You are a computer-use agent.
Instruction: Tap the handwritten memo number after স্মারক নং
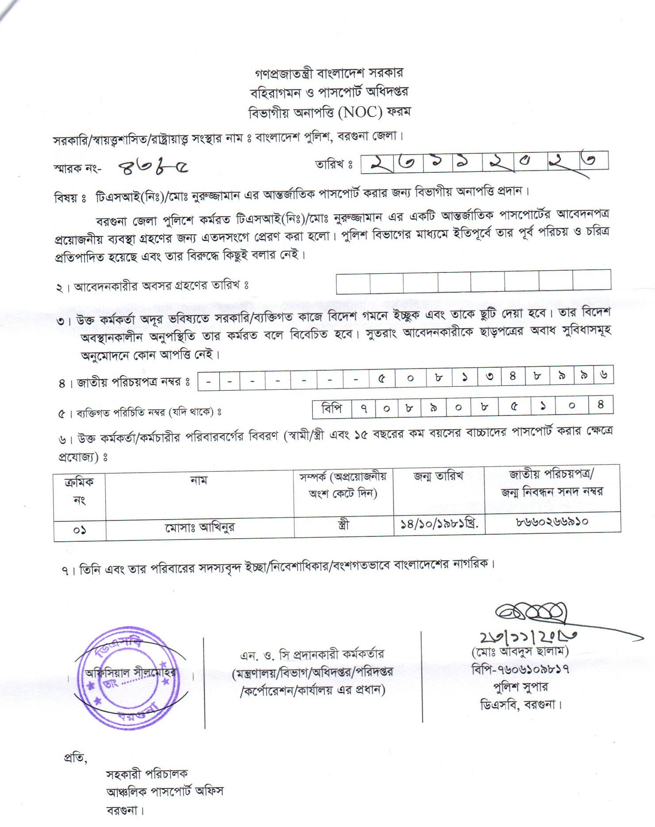[x=153, y=167]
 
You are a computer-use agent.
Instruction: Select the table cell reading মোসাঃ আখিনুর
[x=200, y=527]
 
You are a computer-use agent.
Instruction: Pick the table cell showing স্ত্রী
[x=343, y=525]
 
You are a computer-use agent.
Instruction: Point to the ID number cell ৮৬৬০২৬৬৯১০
[x=552, y=523]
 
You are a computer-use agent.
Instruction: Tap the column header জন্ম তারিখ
[x=438, y=477]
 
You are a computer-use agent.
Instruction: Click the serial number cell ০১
[x=80, y=529]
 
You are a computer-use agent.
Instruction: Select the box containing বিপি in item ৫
[x=332, y=408]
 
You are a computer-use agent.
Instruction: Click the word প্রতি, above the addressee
[x=77, y=758]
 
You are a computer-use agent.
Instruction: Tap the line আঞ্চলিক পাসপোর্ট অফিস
[x=165, y=791]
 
